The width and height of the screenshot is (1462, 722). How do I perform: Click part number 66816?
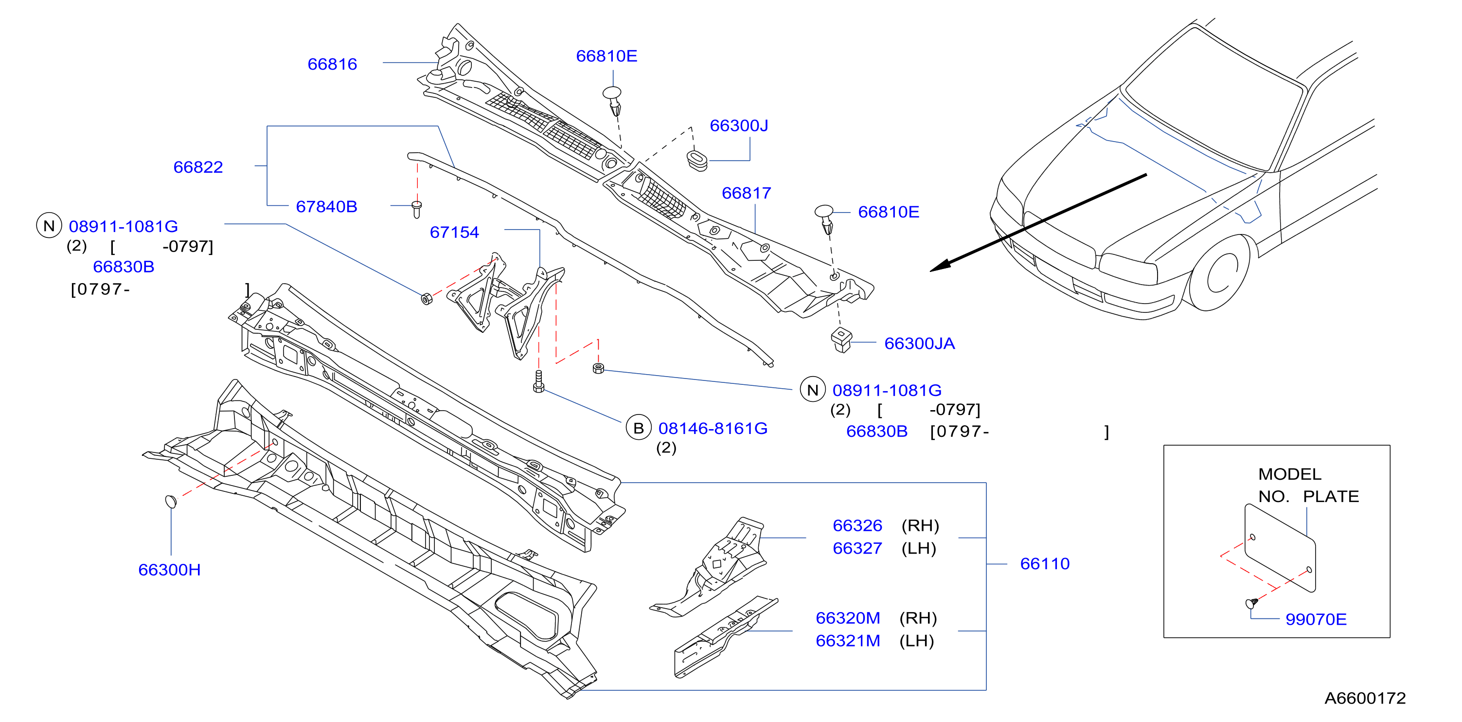[332, 64]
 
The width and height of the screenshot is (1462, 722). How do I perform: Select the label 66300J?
[739, 126]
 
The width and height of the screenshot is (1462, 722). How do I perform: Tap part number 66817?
[747, 193]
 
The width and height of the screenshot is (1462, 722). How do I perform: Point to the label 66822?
[198, 167]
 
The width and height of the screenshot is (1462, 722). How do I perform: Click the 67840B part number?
[326, 207]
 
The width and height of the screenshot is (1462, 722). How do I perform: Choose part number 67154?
[454, 232]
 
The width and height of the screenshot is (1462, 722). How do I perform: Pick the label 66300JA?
[919, 343]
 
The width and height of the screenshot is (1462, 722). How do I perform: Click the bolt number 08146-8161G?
[713, 428]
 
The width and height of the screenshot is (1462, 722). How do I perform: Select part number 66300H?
[169, 570]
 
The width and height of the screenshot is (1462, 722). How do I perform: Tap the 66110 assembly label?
[1045, 563]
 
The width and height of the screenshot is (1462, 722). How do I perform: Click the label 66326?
[857, 525]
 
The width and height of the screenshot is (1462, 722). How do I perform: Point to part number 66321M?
[848, 641]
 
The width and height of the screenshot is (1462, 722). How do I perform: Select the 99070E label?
[1316, 619]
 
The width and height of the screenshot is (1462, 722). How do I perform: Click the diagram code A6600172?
[1365, 698]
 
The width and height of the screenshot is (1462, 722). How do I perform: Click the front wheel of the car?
[1218, 273]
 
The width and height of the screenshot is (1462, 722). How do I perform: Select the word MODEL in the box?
[1289, 474]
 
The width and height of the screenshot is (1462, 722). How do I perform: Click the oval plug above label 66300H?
[171, 501]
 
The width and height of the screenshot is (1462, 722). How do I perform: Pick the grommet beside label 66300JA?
[841, 340]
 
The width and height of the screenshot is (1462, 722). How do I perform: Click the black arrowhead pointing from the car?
[942, 266]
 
